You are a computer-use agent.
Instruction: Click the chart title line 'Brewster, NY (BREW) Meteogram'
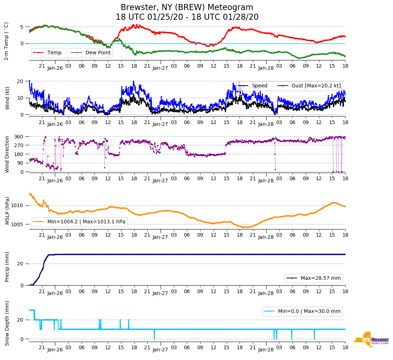[x=187, y=8]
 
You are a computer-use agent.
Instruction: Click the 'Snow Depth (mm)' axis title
[x=7, y=323]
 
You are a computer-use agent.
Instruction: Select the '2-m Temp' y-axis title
[x=6, y=41]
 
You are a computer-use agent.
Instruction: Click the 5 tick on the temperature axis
[x=22, y=27]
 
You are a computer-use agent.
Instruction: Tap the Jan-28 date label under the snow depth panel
[x=266, y=350]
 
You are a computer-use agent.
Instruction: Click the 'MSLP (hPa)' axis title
[x=7, y=211]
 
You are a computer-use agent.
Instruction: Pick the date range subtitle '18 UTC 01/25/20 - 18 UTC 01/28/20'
[x=187, y=17]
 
